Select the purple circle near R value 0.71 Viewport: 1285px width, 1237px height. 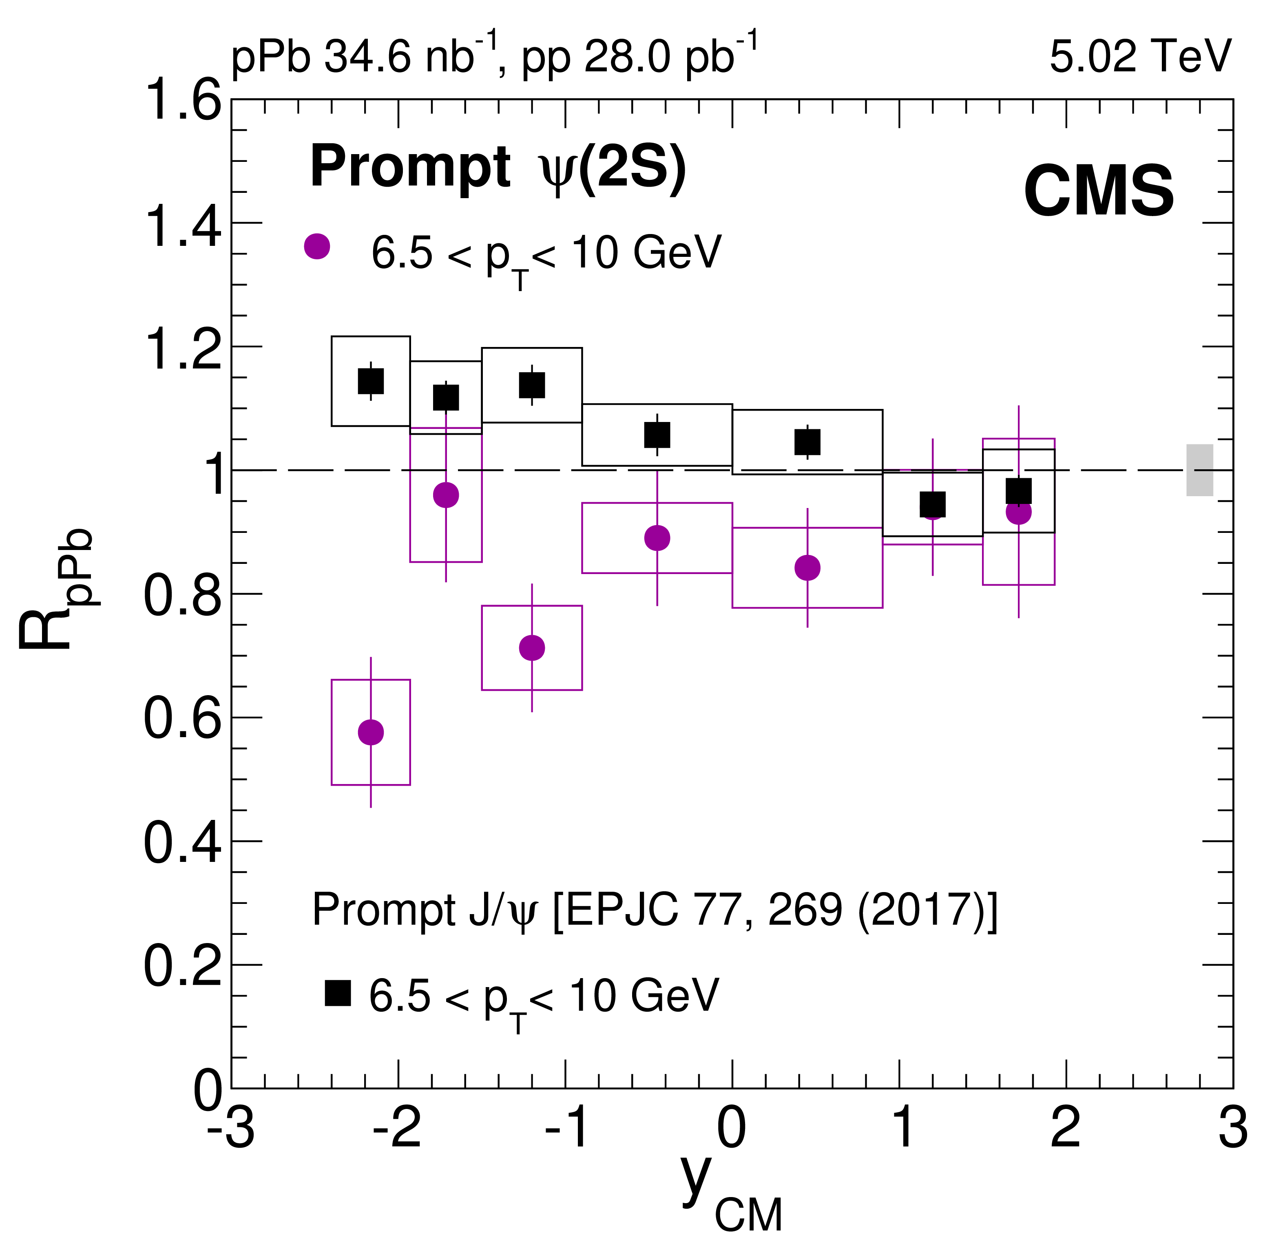[x=532, y=648]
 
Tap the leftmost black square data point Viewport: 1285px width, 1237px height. [x=371, y=381]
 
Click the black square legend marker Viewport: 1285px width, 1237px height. [x=338, y=993]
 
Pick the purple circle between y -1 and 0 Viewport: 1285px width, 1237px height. [x=657, y=538]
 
